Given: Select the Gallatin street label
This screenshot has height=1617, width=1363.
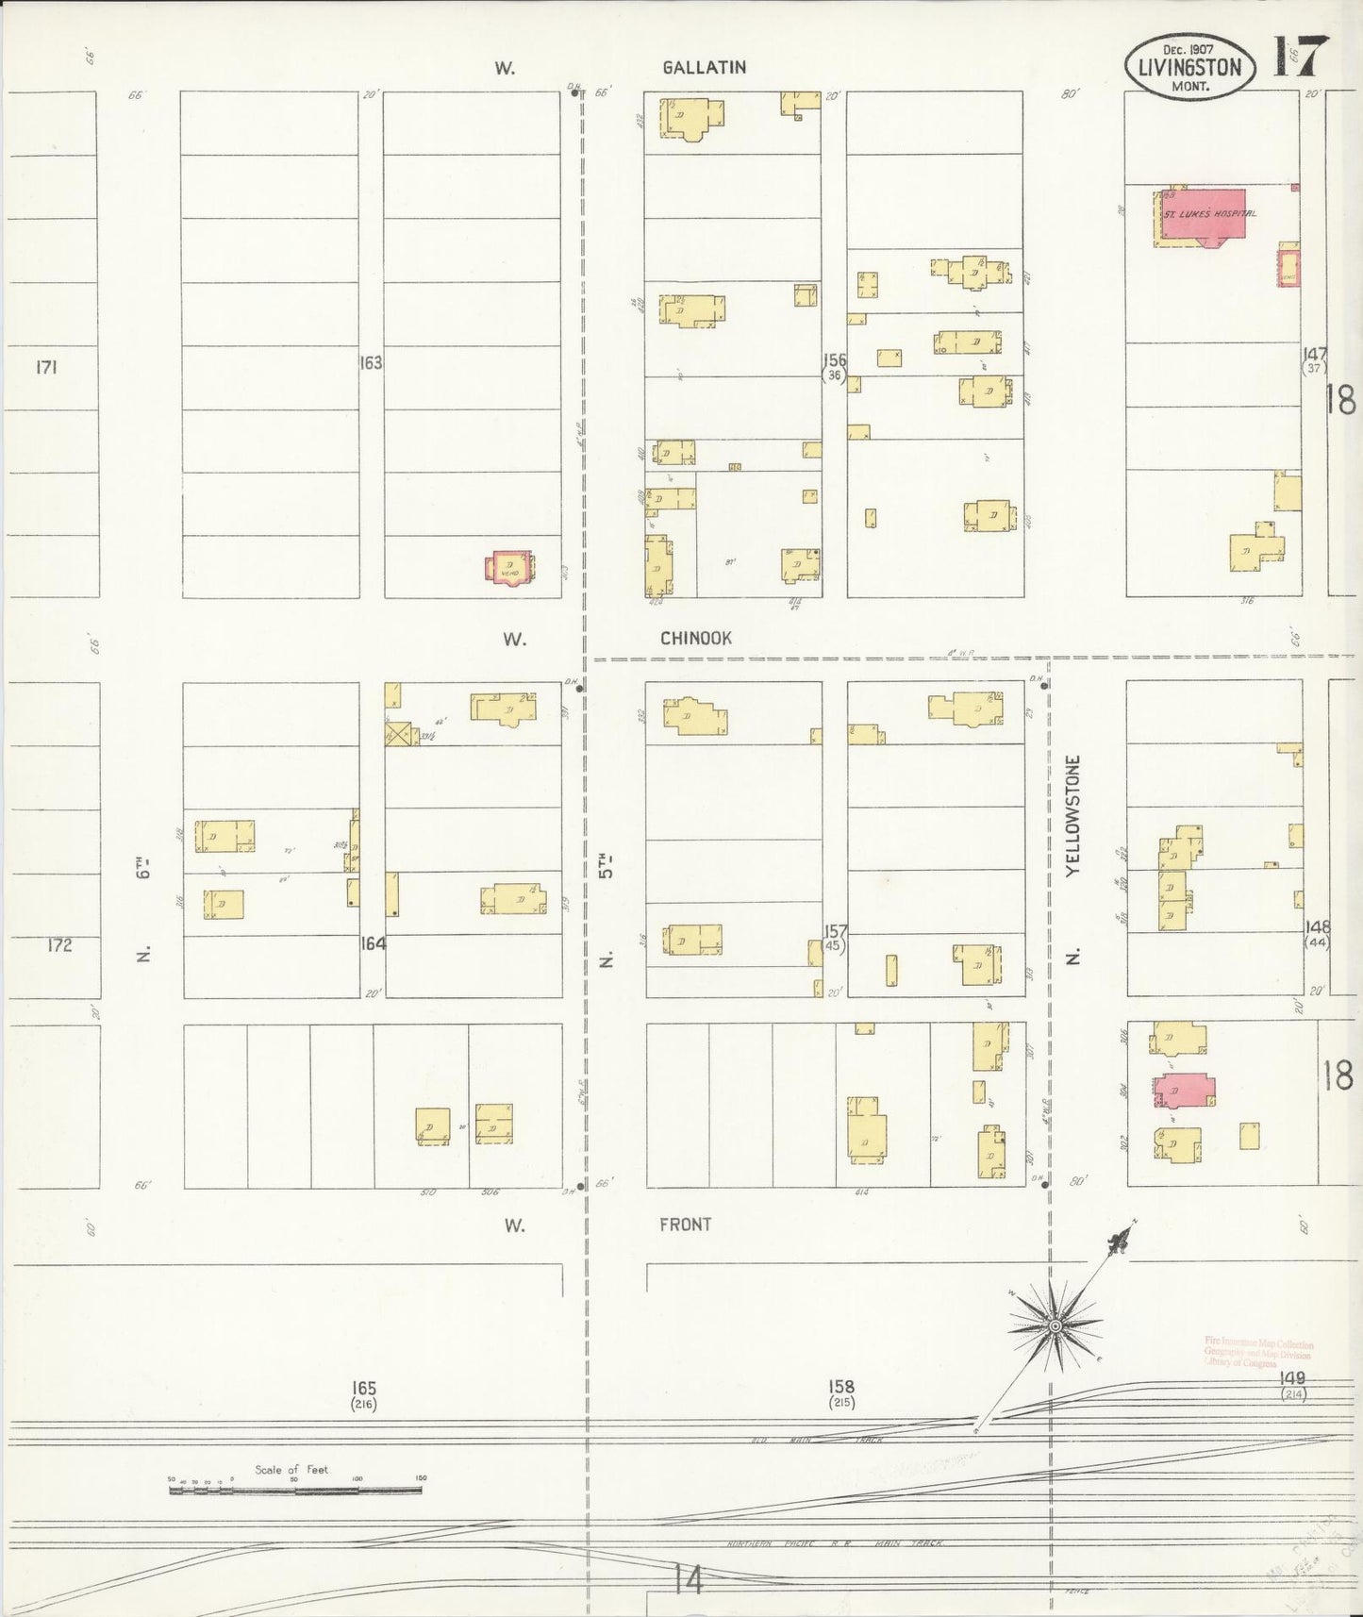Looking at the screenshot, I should [x=704, y=67].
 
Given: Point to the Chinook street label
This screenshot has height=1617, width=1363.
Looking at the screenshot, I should [x=695, y=639].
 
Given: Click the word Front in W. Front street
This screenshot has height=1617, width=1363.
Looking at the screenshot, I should [x=685, y=1225].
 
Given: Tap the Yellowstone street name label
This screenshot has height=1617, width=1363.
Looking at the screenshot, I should [x=1072, y=816].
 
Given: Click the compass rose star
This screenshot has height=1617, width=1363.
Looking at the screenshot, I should [x=1055, y=1326].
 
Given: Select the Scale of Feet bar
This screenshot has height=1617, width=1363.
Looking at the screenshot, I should [x=295, y=1492].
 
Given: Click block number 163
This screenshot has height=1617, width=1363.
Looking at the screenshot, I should [x=371, y=362].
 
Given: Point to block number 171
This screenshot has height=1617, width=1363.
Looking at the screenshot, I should [x=45, y=367].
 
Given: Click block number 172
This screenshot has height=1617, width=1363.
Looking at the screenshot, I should [x=58, y=944].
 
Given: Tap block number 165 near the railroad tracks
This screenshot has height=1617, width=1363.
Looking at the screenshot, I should [x=364, y=1388].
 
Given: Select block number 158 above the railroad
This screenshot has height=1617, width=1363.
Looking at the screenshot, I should [x=841, y=1387].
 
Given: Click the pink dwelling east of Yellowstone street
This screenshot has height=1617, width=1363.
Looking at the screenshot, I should [x=1184, y=1091].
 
